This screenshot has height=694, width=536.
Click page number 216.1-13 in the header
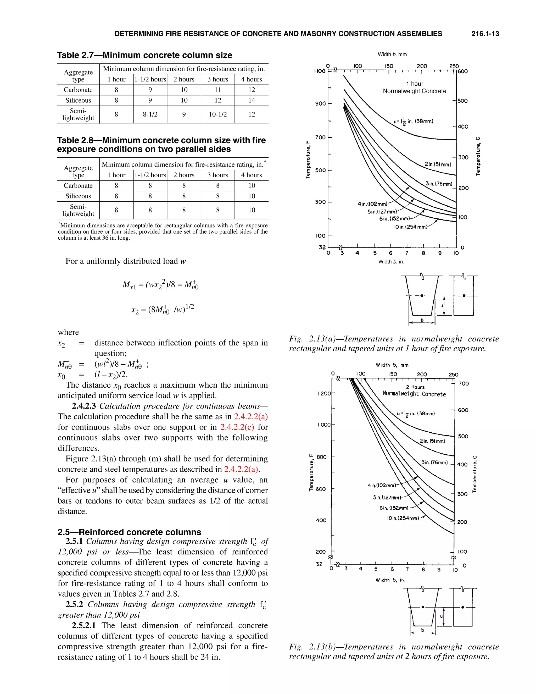pos(485,34)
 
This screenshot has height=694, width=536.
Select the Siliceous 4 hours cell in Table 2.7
pos(252,100)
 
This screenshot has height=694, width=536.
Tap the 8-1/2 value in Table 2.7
pos(150,114)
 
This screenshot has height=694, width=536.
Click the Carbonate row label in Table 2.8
pos(78,186)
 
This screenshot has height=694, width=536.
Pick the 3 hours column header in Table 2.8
pos(217,175)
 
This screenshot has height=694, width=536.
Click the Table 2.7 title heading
pos(144,55)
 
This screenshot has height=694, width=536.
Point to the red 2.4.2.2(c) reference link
pos(237,427)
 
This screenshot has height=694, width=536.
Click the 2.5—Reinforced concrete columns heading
pos(129,532)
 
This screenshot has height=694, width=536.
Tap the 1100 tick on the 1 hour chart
pos(320,71)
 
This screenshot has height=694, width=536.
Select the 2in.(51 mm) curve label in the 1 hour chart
pos(438,164)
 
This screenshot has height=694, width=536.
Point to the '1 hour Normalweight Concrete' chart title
pos(414,87)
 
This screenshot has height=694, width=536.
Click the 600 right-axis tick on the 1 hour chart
pos(463,71)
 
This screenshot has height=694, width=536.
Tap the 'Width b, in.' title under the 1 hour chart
pos(391,262)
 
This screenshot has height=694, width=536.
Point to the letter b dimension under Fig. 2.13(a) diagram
pos(422,320)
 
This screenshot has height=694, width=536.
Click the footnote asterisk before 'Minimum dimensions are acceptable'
pos(59,223)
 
